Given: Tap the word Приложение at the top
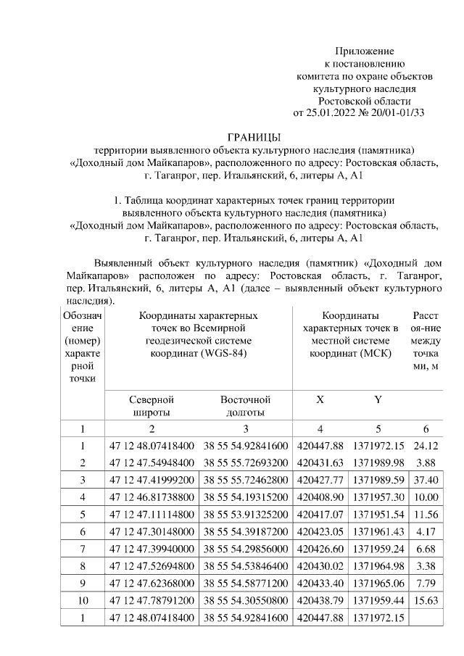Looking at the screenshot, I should click(x=364, y=51).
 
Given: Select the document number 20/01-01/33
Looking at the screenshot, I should click(x=397, y=112).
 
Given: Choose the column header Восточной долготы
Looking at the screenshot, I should click(x=245, y=406).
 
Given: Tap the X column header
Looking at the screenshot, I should click(x=320, y=399).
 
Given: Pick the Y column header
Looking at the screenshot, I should click(x=378, y=399).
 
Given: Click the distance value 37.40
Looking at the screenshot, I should click(x=424, y=481).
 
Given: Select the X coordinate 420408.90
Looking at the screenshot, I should click(x=320, y=497).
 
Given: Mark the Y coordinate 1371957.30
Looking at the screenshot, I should click(x=378, y=497).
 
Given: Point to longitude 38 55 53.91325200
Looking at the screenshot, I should click(x=245, y=515).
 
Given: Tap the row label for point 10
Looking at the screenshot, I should click(x=82, y=600).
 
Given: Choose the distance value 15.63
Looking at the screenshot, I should click(x=424, y=600).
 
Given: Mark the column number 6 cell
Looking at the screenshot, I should click(x=425, y=428).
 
